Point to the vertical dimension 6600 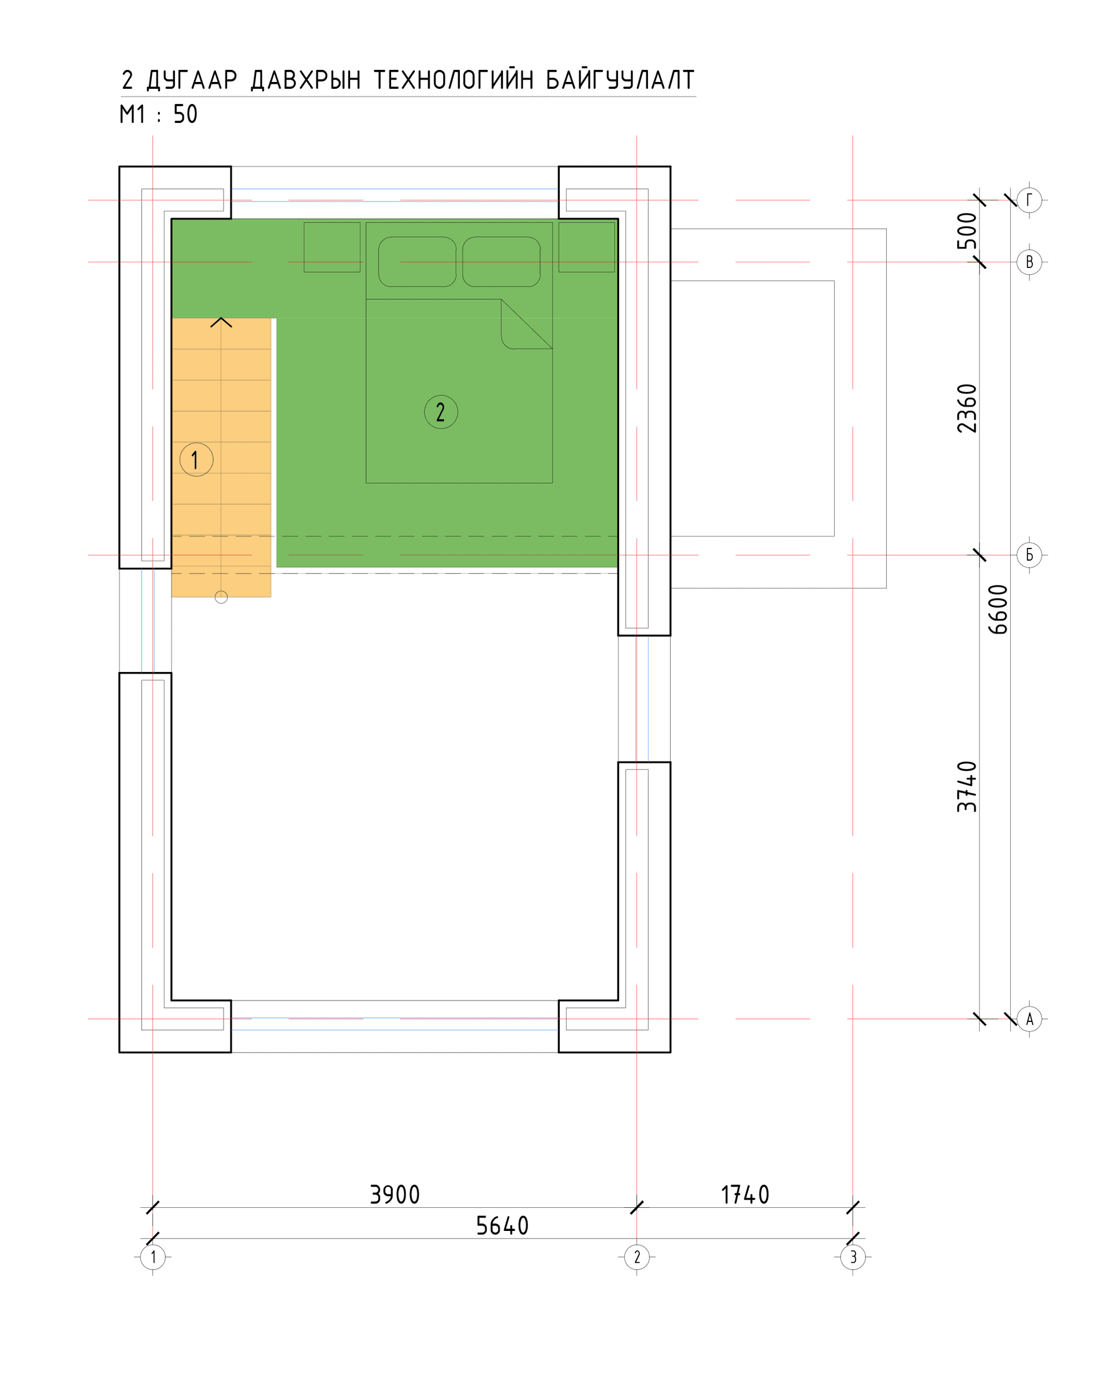coord(998,609)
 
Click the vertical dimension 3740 coord(967,786)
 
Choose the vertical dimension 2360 coord(967,408)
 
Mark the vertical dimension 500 coord(967,230)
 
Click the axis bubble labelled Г coord(1029,200)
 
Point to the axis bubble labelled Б coord(1029,555)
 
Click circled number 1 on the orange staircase coord(196,459)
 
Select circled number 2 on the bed coord(441,412)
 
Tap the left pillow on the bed coord(417,262)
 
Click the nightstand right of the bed coord(586,247)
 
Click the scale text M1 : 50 coord(158,114)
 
